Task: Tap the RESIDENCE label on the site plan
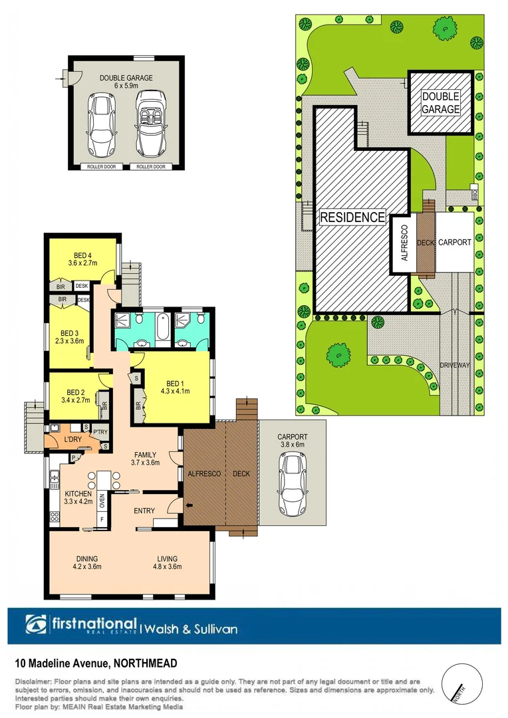click(352, 217)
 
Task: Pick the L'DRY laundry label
click(73, 440)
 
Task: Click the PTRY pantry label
click(100, 432)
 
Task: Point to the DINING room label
click(86, 558)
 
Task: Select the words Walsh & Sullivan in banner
click(190, 628)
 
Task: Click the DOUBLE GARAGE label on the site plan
click(440, 103)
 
